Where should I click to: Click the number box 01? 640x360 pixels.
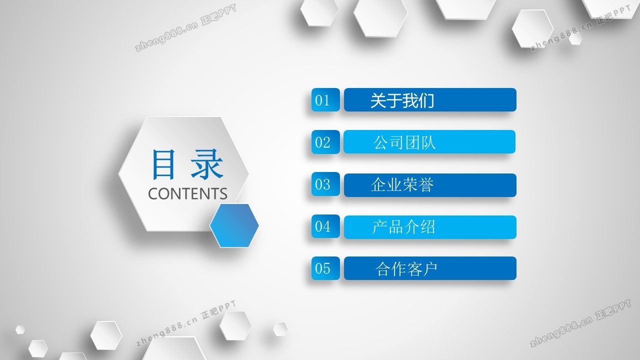[x=325, y=99]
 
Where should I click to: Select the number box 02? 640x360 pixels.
[x=325, y=142]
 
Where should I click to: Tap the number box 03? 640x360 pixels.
[x=325, y=184]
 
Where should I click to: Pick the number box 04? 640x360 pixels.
[x=325, y=226]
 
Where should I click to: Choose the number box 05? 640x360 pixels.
[x=325, y=268]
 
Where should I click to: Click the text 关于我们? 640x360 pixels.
[x=402, y=100]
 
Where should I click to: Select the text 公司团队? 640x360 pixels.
[x=404, y=142]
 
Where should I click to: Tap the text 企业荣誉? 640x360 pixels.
[x=402, y=184]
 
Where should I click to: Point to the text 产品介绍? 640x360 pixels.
[x=403, y=227]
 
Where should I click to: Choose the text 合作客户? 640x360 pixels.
[x=406, y=269]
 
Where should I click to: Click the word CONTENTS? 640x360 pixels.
[x=187, y=193]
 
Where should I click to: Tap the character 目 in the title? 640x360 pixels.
[x=163, y=164]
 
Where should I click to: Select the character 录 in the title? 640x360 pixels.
[x=207, y=164]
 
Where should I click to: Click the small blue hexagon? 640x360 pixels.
[x=234, y=225]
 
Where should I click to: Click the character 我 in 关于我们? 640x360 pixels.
[x=410, y=100]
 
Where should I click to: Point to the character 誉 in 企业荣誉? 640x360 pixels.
[x=426, y=184]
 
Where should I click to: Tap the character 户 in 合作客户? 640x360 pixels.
[x=429, y=269]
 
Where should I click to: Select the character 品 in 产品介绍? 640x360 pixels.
[x=395, y=227]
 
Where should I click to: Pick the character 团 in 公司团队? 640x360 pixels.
[x=412, y=142]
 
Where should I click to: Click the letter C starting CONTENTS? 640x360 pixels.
[x=153, y=193]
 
